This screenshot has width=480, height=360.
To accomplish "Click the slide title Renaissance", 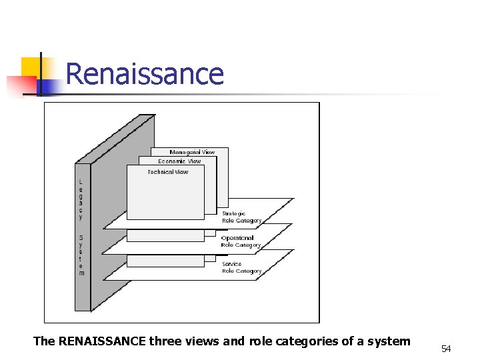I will point(145,73).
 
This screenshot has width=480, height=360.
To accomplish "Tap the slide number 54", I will point(446,349).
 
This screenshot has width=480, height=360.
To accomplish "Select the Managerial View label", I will point(192,152).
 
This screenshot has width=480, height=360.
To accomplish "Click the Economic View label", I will point(179,161).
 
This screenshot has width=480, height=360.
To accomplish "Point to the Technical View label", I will point(167,172).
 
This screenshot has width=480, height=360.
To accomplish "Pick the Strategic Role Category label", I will point(241,217).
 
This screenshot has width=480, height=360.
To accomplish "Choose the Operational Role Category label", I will point(241,241).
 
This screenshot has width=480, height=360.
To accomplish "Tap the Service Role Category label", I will point(241,267).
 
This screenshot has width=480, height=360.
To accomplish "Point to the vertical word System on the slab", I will point(81,255).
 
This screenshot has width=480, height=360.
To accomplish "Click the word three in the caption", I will point(166,341).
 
